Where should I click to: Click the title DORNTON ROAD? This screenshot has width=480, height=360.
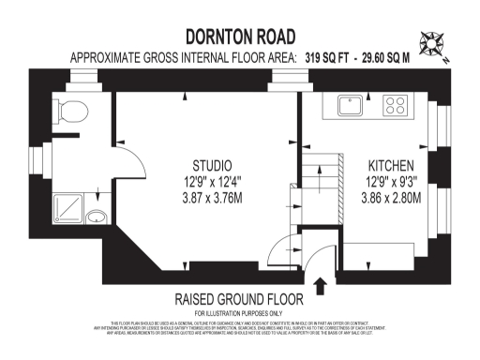240,37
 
